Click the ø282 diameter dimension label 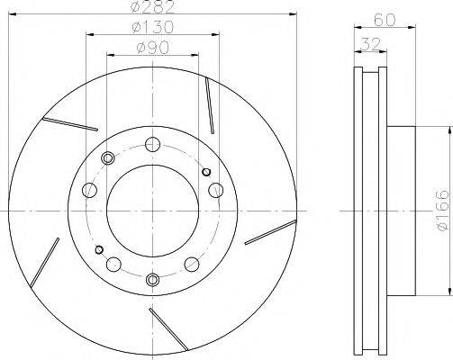pos(151,7)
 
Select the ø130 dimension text pos(151,27)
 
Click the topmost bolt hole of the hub pos(152,143)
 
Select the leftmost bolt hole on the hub pos(88,190)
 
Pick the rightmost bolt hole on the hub pos(216,190)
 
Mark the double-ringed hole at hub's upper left pos(109,158)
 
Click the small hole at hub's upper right pos(205,171)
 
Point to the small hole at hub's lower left pos(99,249)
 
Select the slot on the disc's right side pos(270,232)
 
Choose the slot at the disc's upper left pos(71,123)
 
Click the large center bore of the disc pos(152,211)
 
